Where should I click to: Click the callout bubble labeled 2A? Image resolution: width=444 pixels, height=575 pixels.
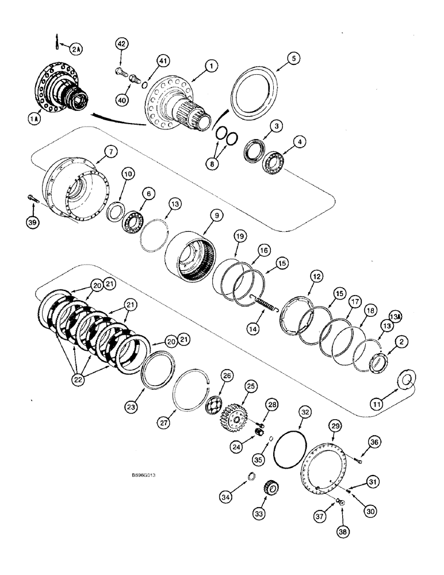coord(75,49)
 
